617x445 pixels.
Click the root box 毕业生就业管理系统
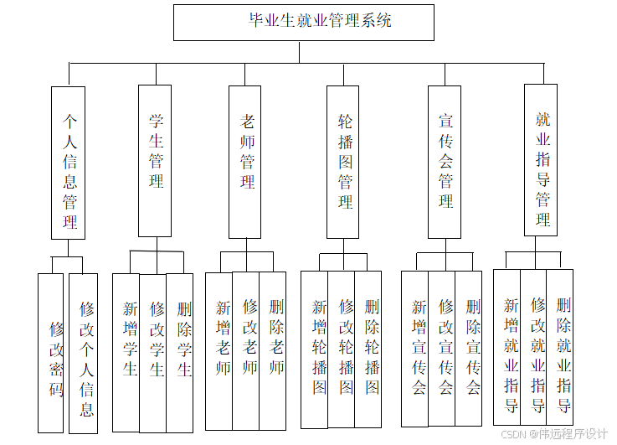tap(303, 23)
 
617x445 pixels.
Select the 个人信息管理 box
tap(69, 163)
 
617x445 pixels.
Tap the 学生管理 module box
tap(155, 160)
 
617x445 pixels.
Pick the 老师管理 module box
tap(245, 162)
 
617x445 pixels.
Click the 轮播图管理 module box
tap(343, 162)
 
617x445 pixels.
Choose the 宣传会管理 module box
tap(444, 162)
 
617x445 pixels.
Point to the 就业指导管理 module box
tap(541, 159)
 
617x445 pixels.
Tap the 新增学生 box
tap(126, 352)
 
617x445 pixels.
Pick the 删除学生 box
tap(180, 352)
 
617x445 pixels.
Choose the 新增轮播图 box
tap(315, 349)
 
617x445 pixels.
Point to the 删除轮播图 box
tap(368, 349)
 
